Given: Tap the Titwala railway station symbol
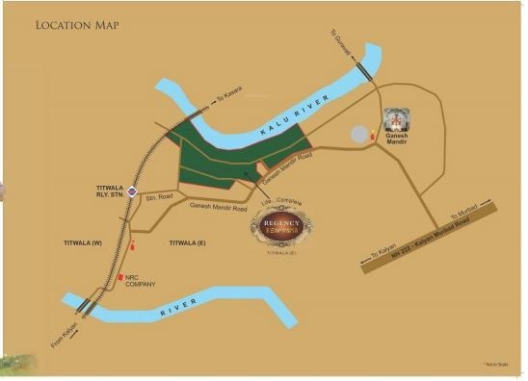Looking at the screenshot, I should pyautogui.click(x=131, y=191).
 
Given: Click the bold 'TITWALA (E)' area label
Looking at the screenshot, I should pyautogui.click(x=189, y=242).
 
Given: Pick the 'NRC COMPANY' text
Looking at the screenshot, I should pyautogui.click(x=141, y=282).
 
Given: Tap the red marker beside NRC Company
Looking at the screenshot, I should pyautogui.click(x=120, y=278).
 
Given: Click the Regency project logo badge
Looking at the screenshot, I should pyautogui.click(x=282, y=227).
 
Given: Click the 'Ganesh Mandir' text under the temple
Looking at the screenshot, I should pyautogui.click(x=396, y=140).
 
